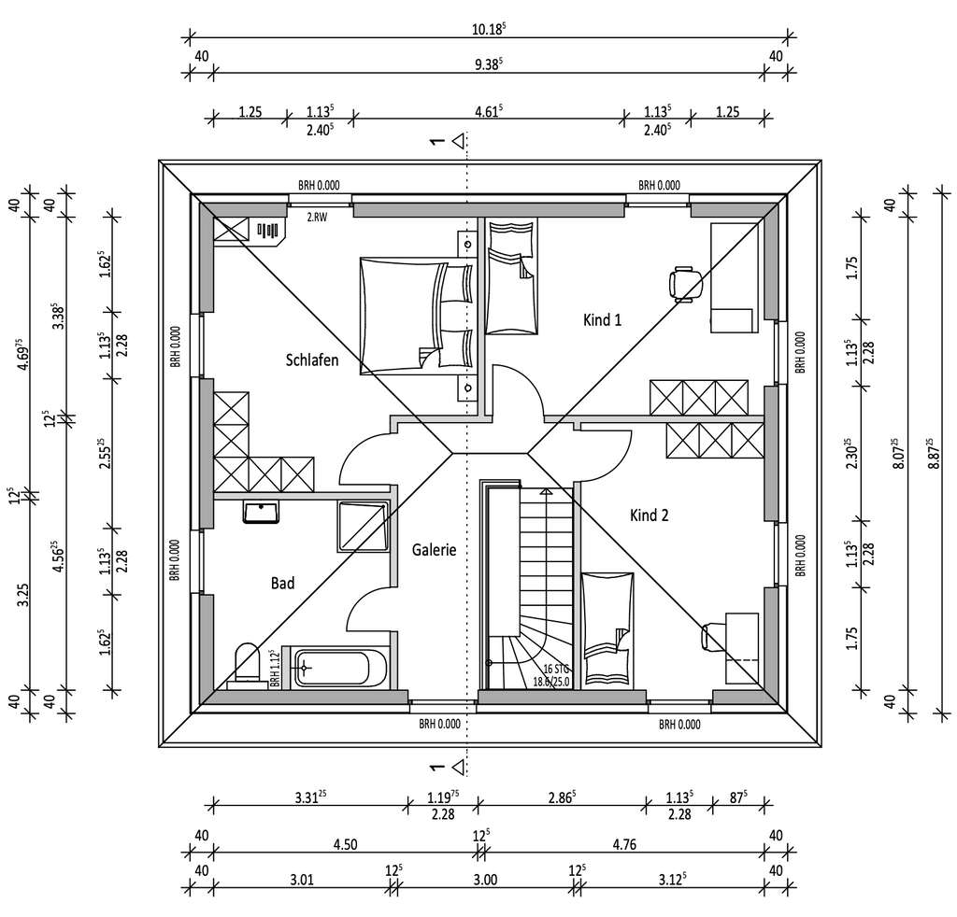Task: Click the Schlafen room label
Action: [312, 360]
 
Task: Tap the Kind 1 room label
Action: [602, 320]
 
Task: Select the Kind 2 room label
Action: [649, 515]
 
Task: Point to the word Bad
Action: [282, 584]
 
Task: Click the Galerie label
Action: [434, 550]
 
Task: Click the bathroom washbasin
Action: [263, 512]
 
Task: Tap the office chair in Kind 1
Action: [687, 281]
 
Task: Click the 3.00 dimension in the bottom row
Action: [485, 879]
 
